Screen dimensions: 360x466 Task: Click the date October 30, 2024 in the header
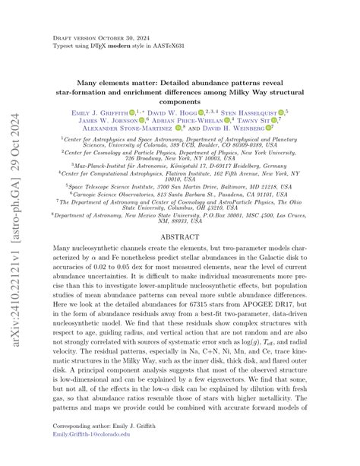(x=114, y=36)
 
